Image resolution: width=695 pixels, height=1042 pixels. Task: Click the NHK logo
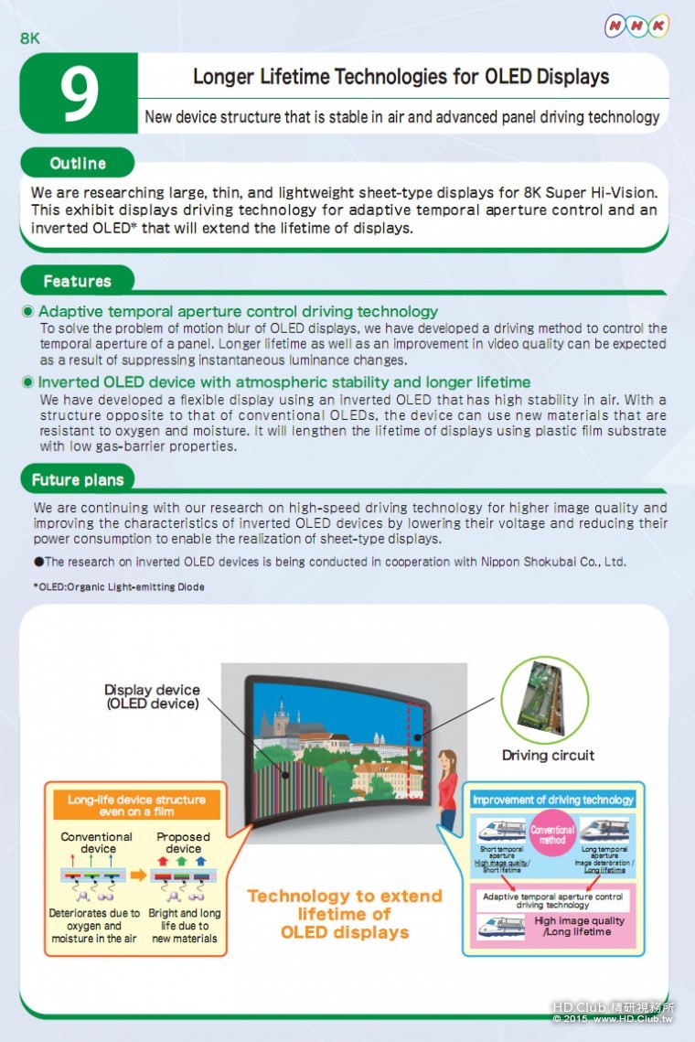636,27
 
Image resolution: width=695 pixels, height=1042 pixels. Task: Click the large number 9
80,94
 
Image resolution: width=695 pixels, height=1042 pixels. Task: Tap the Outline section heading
78,163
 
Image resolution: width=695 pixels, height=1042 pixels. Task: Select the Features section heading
77,281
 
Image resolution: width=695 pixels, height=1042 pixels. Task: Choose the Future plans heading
78,479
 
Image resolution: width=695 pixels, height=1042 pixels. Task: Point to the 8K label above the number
30,38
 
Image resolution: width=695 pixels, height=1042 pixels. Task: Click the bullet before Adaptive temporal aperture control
28,312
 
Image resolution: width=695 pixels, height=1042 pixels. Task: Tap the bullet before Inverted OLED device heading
28,382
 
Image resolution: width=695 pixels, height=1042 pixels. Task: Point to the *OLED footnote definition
119,586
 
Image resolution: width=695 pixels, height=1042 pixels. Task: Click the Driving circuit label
548,756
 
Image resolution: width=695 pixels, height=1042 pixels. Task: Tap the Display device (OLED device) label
152,696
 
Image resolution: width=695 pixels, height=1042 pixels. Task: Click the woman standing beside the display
447,792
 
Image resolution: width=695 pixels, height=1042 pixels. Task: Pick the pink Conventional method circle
552,834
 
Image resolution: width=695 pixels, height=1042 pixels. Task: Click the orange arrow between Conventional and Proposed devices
139,875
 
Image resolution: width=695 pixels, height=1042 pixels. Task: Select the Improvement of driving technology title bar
553,800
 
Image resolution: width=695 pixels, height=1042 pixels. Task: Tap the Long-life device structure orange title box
136,805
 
